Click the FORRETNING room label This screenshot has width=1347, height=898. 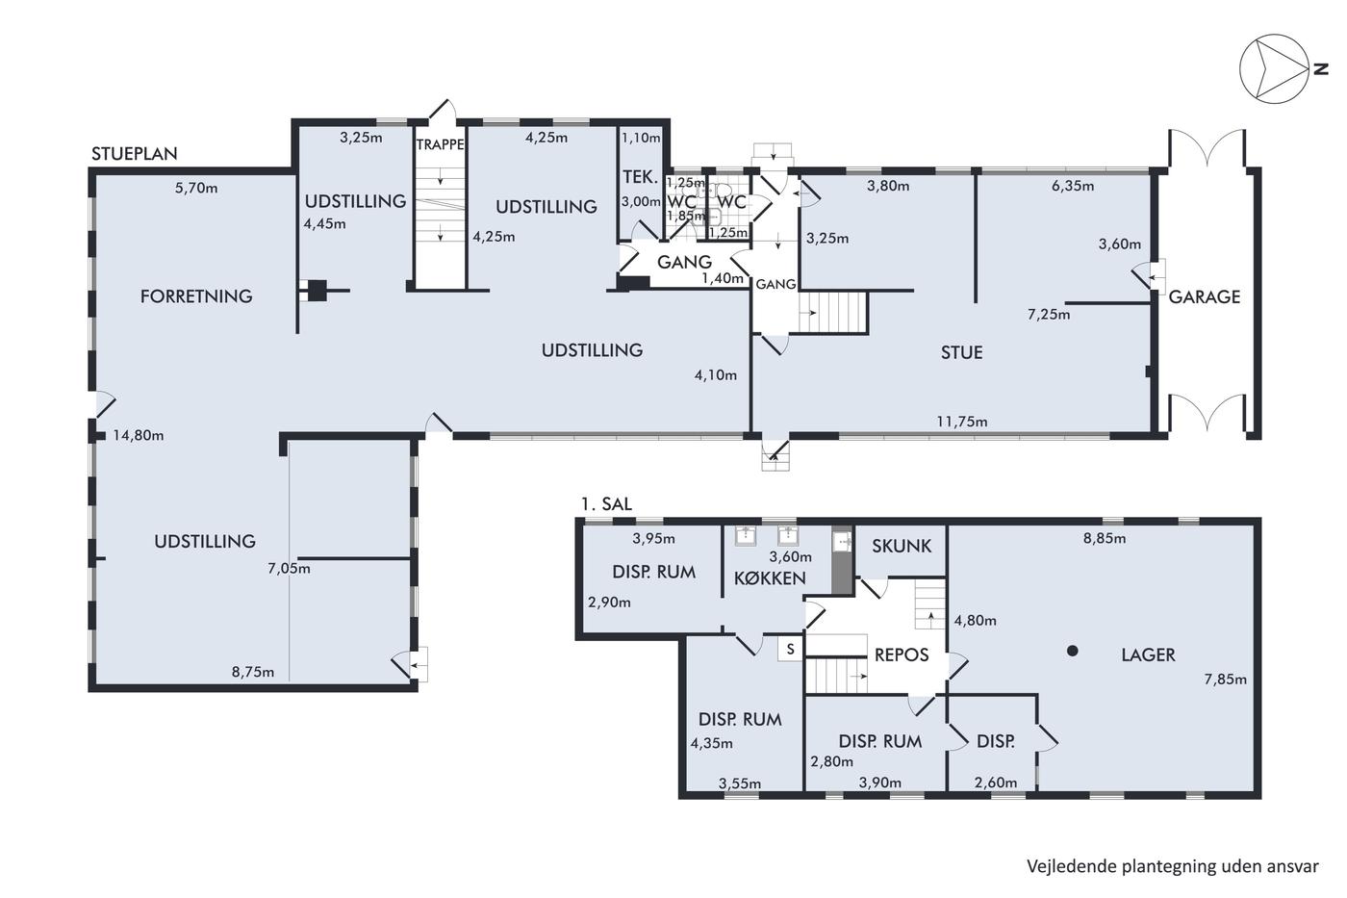tap(196, 295)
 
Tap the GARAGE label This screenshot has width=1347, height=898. tap(1204, 296)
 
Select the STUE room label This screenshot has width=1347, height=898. tap(961, 352)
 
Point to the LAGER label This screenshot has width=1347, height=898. tap(1148, 654)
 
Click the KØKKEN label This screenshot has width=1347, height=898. tap(770, 578)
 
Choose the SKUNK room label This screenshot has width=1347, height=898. tap(902, 546)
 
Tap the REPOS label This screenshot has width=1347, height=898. tap(902, 654)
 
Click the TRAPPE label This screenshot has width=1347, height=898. tap(441, 144)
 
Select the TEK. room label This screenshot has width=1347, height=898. tap(640, 177)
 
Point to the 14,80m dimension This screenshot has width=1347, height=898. tap(139, 435)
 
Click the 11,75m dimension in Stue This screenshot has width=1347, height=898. tap(961, 422)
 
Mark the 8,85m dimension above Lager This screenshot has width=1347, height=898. tap(1105, 538)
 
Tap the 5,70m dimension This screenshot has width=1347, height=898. tap(196, 189)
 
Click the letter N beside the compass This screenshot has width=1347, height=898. tap(1320, 69)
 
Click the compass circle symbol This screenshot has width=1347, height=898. tap(1274, 69)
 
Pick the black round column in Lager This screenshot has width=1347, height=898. tap(1072, 651)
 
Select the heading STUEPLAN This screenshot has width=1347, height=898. tap(134, 154)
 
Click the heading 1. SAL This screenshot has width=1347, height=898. tap(606, 504)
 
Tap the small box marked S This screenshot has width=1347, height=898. tap(790, 649)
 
